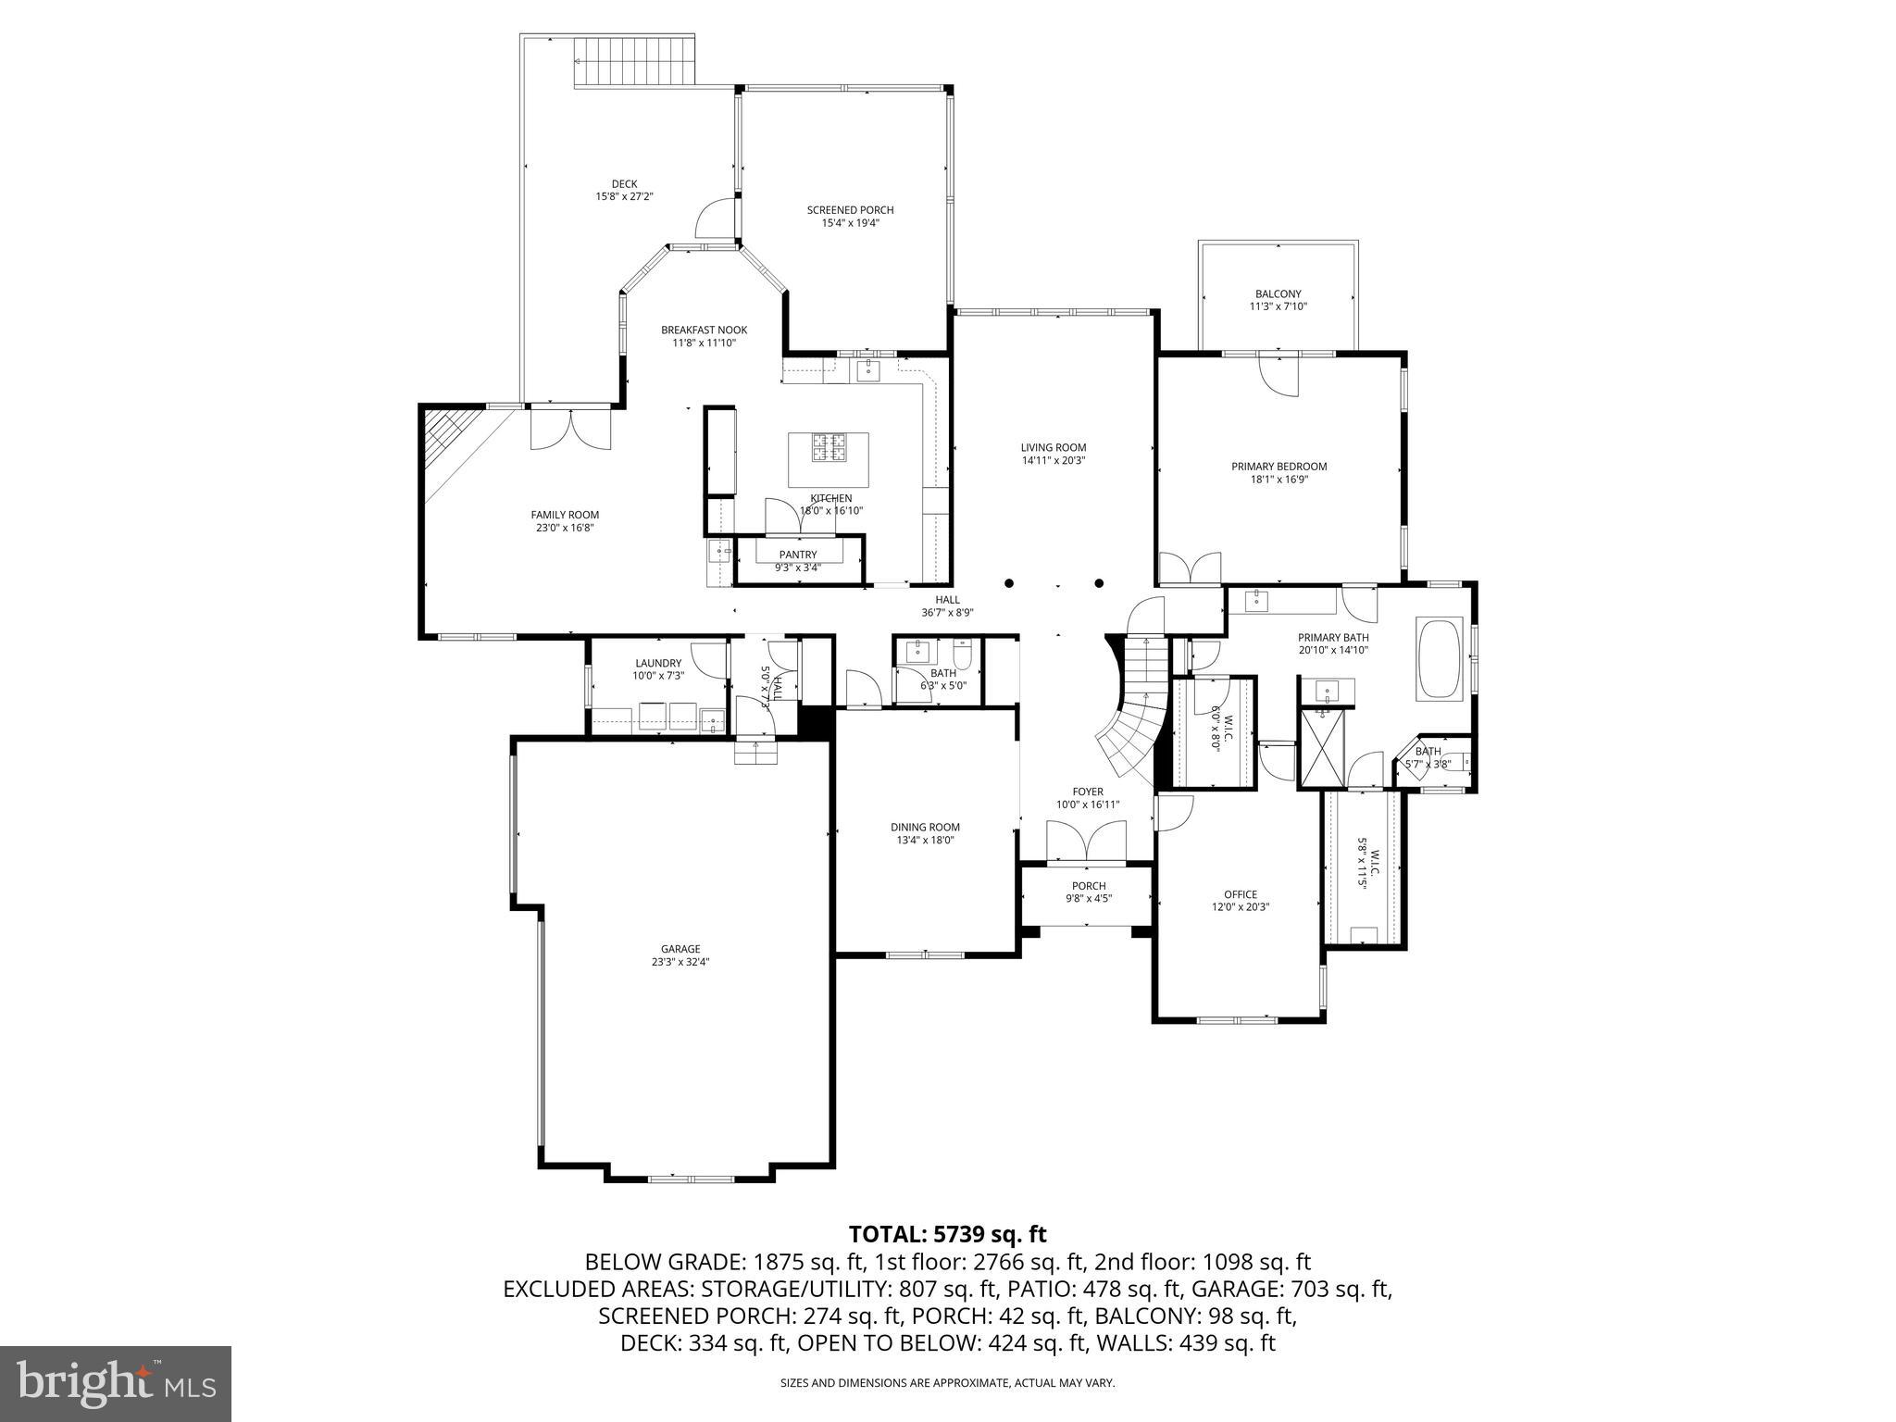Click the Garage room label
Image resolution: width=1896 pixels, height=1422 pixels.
click(680, 949)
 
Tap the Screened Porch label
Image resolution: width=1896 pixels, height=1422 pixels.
click(850, 210)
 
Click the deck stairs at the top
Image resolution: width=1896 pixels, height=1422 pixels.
click(634, 61)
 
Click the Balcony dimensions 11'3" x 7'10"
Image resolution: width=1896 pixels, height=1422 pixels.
click(1278, 306)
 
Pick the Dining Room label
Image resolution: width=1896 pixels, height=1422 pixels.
click(925, 827)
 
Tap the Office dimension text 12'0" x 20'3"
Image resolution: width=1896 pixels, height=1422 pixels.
click(1240, 907)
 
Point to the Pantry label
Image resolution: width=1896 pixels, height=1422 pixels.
click(797, 555)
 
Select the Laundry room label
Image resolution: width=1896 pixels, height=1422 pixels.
click(658, 663)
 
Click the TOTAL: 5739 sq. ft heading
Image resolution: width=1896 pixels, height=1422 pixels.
click(947, 1234)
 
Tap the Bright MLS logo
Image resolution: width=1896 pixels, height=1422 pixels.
click(116, 1383)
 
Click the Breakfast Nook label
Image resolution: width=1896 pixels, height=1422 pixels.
click(704, 331)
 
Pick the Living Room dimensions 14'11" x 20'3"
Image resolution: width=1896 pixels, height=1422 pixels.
click(1054, 460)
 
